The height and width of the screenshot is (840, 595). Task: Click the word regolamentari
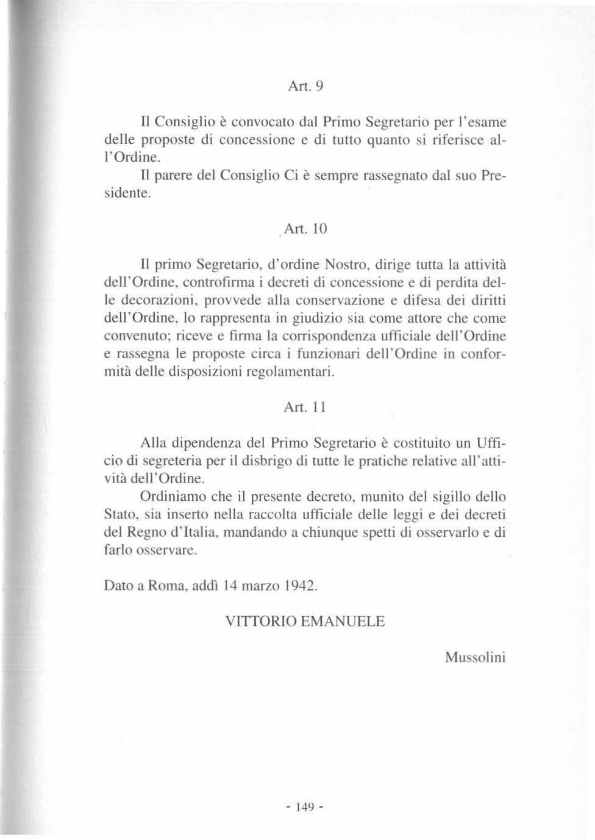click(x=290, y=372)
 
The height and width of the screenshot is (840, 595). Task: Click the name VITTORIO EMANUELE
click(x=305, y=622)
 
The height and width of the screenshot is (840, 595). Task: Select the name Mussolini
click(x=475, y=658)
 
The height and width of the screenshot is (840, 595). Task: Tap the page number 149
click(x=304, y=808)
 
